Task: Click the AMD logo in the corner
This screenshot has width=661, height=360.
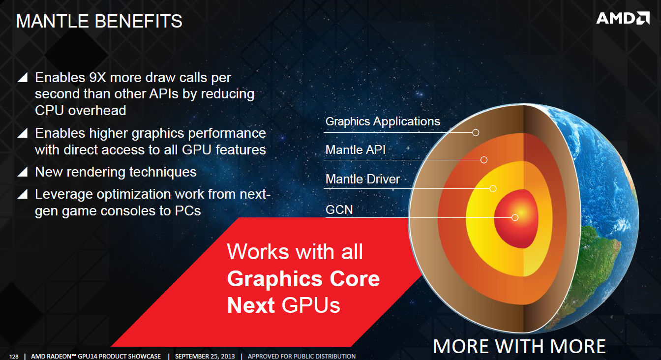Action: tap(623, 18)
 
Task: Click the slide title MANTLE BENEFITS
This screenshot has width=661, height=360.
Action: tap(99, 21)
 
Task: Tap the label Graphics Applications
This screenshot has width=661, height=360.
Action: tap(383, 121)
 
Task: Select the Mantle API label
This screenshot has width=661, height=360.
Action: tap(355, 150)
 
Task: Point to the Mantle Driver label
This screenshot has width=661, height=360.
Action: tap(362, 179)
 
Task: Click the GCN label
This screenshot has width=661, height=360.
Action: tap(339, 210)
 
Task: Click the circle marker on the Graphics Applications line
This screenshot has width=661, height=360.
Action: tap(476, 132)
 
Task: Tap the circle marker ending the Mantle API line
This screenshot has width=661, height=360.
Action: tap(483, 160)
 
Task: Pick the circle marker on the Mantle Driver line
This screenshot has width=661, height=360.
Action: tap(492, 188)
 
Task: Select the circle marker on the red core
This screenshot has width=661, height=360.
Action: tap(514, 217)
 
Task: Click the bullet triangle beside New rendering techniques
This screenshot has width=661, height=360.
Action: tap(23, 172)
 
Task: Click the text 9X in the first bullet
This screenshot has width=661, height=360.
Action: tap(97, 78)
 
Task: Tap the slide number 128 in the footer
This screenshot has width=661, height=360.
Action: tap(14, 357)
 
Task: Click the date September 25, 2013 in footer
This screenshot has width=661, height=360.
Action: tap(205, 357)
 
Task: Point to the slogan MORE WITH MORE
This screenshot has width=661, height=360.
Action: tap(519, 346)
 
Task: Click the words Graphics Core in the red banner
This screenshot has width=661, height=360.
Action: tap(303, 278)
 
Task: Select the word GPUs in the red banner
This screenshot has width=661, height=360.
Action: tap(311, 305)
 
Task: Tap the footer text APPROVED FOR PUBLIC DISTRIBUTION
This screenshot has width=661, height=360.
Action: tap(301, 357)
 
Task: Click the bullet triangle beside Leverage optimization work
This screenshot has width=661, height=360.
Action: tap(23, 194)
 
